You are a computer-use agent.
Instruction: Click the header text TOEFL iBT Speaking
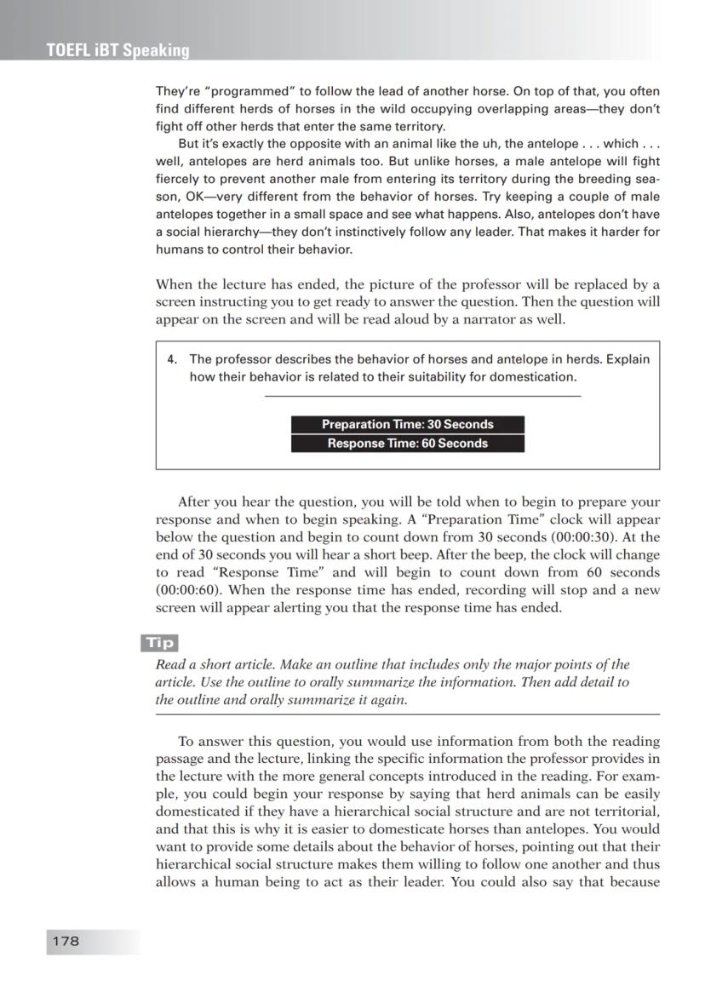[118, 50]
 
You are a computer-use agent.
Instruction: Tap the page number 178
[66, 940]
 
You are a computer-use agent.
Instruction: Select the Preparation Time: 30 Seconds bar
[407, 424]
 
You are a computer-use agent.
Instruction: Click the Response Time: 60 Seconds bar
[407, 443]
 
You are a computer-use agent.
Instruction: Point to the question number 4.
[171, 359]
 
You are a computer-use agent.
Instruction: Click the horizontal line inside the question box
[422, 396]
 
